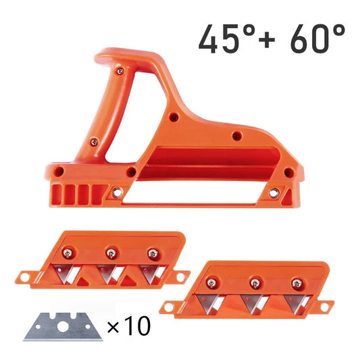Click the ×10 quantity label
pos(128,328)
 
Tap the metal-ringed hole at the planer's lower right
pos(274,192)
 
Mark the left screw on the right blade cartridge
pos(211,282)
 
